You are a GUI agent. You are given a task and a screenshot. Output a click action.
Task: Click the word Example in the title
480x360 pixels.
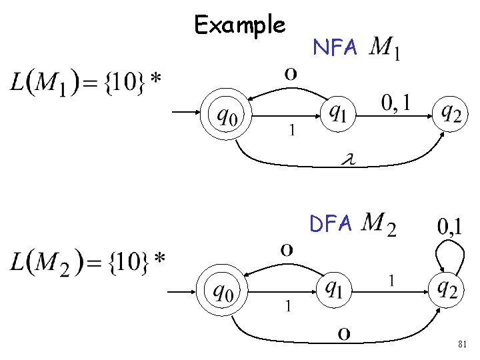[x=240, y=25]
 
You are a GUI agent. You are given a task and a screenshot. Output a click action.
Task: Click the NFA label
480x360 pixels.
[x=336, y=47]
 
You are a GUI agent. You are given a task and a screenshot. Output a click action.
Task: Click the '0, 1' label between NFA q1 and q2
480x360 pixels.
[x=396, y=103]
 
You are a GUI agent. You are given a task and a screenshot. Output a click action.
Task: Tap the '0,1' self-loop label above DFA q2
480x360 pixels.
[x=451, y=227]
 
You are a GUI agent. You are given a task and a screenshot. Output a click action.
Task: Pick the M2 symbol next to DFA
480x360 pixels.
[x=381, y=224]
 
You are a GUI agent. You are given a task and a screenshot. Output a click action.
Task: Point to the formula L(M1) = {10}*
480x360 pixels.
[x=86, y=83]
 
